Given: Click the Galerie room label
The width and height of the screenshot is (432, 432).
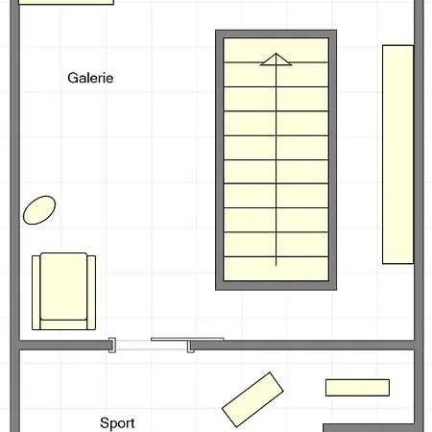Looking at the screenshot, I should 90,78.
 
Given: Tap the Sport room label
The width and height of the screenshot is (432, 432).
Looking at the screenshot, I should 117,422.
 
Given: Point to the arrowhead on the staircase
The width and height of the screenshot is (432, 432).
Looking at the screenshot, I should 276,60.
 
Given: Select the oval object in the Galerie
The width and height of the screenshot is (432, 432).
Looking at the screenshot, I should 39,209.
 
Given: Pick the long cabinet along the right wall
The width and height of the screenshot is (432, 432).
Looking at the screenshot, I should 397,154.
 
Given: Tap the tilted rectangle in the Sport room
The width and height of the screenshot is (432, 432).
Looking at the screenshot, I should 253,398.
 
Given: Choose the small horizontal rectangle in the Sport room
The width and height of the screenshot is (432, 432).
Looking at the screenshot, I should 357,388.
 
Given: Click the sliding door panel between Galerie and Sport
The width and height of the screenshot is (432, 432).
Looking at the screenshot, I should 187,340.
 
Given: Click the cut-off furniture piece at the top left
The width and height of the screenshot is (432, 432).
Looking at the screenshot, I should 65,3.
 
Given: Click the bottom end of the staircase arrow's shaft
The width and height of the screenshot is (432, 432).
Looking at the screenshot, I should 276,264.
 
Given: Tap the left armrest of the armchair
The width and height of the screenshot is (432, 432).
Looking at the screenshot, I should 37,292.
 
